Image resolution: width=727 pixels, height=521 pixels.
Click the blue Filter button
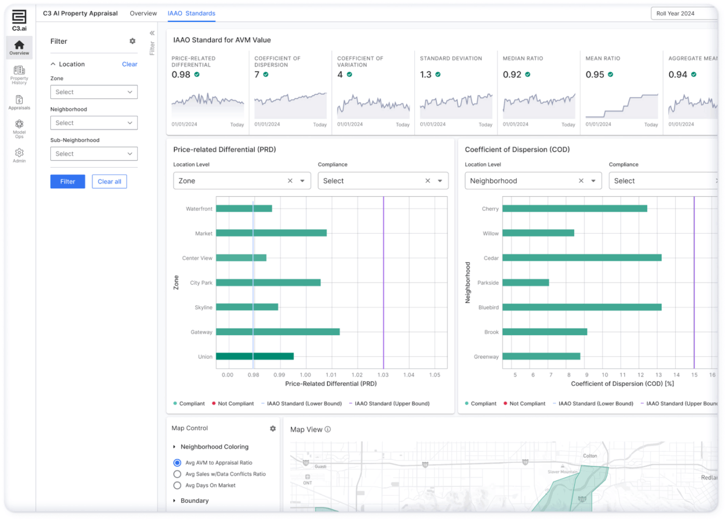coord(68,182)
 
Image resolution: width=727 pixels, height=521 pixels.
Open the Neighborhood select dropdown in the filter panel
coord(93,123)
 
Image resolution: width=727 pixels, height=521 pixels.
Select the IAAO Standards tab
coord(191,14)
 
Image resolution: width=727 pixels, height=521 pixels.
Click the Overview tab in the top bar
coord(143,14)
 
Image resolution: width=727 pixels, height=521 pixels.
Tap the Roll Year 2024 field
coord(683,14)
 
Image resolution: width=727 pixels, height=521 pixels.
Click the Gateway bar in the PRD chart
coord(278,332)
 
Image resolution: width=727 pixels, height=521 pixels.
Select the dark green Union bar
coord(254,356)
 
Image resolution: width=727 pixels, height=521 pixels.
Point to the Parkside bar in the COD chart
coord(526,283)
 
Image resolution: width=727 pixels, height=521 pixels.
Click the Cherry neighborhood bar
coord(574,209)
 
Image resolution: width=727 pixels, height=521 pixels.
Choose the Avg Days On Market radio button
coord(178,486)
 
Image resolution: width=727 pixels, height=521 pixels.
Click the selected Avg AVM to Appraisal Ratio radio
coord(178,463)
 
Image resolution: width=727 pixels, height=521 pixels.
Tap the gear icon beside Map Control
coord(273,429)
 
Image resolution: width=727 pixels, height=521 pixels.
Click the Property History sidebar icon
coord(19,74)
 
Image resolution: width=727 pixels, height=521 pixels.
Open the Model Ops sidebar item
coord(19,128)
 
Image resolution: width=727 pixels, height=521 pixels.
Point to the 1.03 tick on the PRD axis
coord(383,375)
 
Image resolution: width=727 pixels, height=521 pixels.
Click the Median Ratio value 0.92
coord(512,75)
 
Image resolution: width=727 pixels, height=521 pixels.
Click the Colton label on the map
coord(590,456)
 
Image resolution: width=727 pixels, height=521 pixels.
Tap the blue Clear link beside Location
coord(129,64)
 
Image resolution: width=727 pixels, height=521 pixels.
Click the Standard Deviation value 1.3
coord(426,75)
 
